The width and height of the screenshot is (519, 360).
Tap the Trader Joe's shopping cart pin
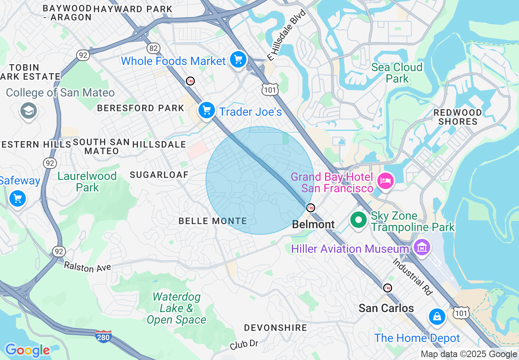coord(207,110)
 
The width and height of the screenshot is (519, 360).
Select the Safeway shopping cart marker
coord(18,199)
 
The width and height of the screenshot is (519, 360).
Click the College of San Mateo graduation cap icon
coord(29,110)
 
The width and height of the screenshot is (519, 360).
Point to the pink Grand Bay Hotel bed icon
coord(385,180)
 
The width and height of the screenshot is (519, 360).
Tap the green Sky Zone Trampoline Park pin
coord(359,220)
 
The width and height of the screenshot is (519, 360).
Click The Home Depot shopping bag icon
coord(437,317)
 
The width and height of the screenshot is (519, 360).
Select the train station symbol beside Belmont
coord(311,208)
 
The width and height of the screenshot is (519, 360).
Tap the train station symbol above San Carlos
coord(387,288)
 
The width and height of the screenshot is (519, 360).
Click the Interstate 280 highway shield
coord(104,336)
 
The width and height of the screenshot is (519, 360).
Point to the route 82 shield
coord(153,48)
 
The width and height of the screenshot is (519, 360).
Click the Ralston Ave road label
coord(88,267)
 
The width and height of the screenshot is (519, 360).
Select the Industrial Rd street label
coord(413,277)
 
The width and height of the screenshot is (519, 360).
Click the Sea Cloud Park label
coord(397,73)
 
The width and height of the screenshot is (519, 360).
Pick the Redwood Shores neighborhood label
coord(458,117)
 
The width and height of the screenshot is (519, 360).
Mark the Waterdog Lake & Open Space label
coord(176,308)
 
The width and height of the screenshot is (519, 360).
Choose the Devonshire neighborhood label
coord(275,328)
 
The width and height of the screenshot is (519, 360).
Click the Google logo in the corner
coord(27,350)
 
